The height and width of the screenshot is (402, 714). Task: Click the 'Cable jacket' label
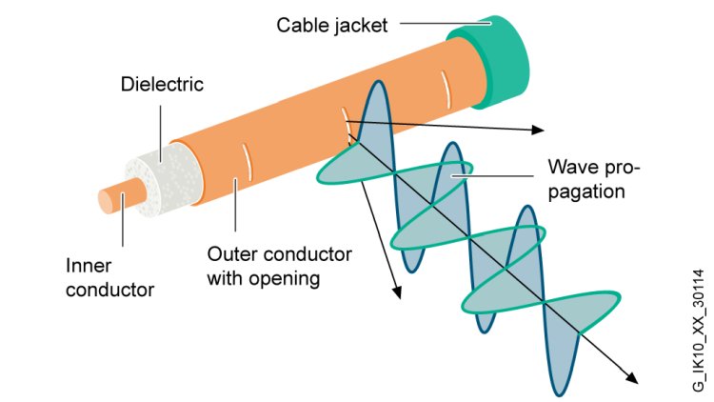pos(332,26)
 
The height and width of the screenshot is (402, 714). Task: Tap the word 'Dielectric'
pos(162,85)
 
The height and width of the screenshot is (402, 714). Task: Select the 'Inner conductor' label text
pos(109,277)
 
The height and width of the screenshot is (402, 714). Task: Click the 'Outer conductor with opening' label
pos(279,266)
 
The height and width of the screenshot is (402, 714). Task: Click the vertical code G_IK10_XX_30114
pos(699,330)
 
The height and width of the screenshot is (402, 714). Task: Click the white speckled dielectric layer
pos(164,179)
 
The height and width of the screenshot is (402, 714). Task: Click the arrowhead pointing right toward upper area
pos(538,130)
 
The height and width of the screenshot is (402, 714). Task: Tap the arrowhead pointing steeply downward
pos(398,291)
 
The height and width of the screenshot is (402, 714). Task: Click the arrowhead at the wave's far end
pos(632,377)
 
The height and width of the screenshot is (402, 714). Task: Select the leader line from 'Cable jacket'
pos(446,23)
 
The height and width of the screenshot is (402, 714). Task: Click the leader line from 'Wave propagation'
pos(492,175)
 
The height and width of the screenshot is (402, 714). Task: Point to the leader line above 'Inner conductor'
pos(123,220)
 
